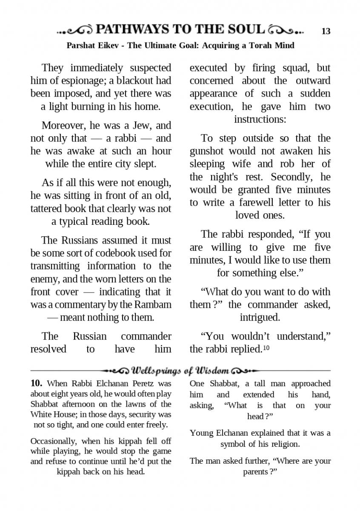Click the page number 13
click(x=326, y=32)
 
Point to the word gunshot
click(x=207, y=151)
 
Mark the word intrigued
click(x=260, y=317)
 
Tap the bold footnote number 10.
click(x=36, y=383)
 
